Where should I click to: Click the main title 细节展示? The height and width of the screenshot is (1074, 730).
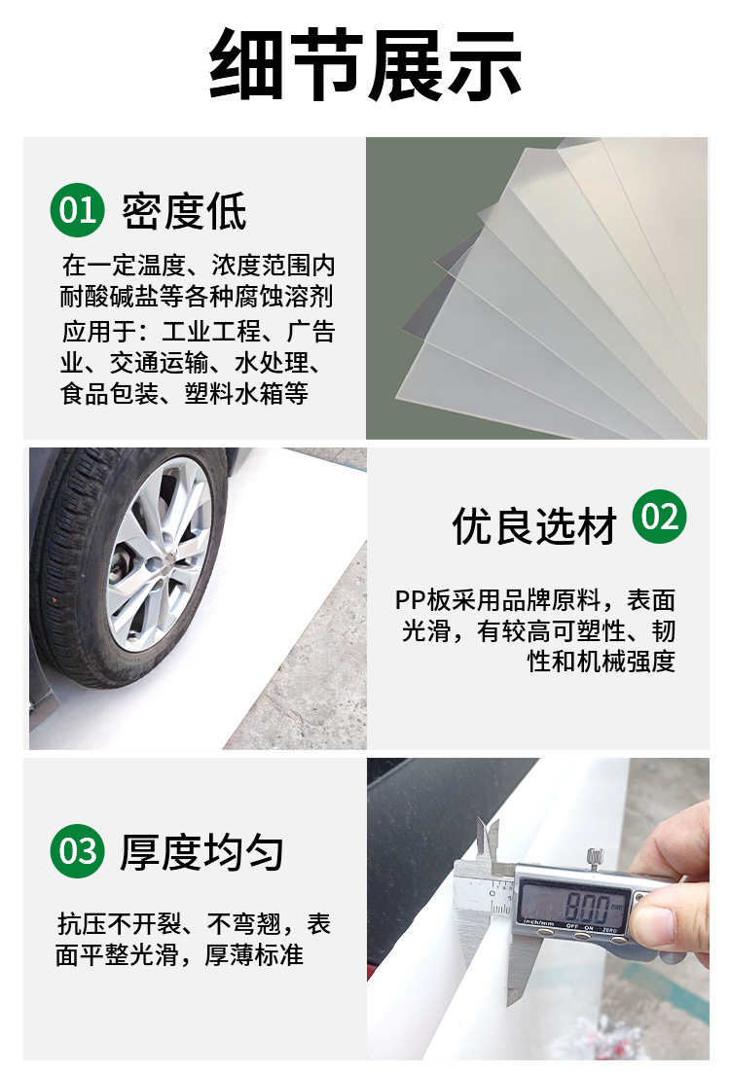coord(365,65)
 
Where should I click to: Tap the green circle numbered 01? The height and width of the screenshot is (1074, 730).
coord(77,209)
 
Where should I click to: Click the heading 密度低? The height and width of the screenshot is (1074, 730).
coord(184,211)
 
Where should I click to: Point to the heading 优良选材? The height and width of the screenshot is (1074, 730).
coord(534,526)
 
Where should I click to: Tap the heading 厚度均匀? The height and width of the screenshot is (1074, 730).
coord(201,852)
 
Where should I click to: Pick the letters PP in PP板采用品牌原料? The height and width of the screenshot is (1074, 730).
coord(409,599)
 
